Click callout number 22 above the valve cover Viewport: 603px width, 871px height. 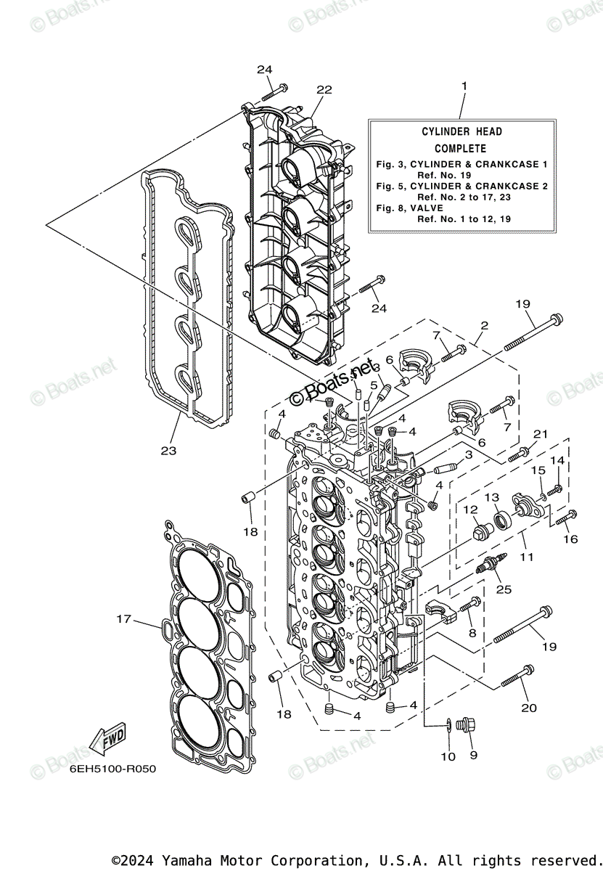coord(324,89)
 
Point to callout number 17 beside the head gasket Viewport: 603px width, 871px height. coord(124,619)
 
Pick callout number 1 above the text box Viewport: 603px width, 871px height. coord(464,86)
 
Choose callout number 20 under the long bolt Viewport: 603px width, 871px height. coord(529,708)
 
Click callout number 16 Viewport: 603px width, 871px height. coord(570,539)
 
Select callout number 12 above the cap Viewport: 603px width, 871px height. coord(469,510)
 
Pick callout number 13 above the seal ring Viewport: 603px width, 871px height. coord(492,497)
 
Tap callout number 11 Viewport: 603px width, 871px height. coord(526,557)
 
